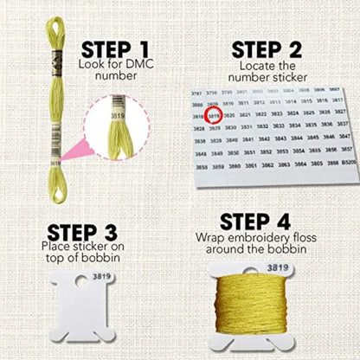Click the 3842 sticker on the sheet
tap(267, 137)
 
